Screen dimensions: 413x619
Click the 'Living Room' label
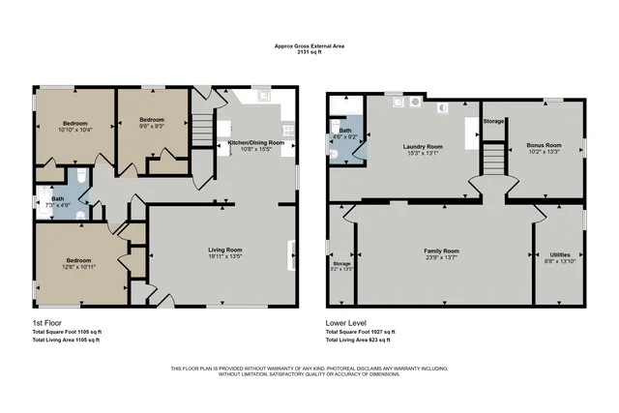point(224,251)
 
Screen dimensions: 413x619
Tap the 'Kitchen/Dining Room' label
point(255,142)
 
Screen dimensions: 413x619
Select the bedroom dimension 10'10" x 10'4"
point(75,131)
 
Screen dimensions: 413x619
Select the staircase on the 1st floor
point(201,127)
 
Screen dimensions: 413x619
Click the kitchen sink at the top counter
point(263,97)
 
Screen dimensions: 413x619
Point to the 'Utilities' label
point(559,253)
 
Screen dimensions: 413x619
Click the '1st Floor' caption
point(44,322)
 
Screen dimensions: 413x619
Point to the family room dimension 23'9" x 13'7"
point(441,258)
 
